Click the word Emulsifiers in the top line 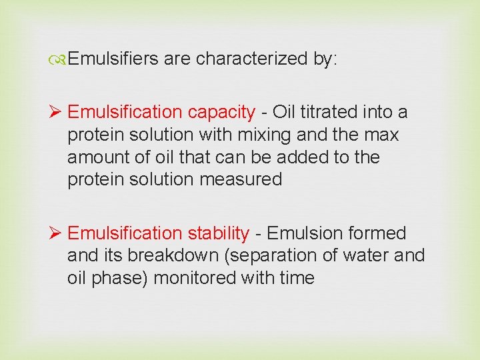click(x=113, y=59)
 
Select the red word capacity click(x=221, y=112)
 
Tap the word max click(x=382, y=135)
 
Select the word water click(x=361, y=256)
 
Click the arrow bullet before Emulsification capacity click(x=57, y=112)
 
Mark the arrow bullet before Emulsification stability click(x=57, y=233)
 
